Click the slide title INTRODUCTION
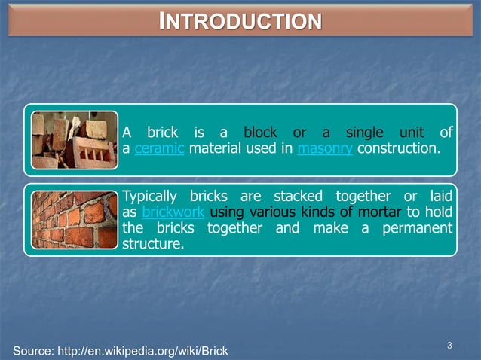240,20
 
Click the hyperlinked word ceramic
160,148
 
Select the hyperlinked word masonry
325,148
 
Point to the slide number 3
449,346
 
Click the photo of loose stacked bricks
74,141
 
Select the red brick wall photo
74,219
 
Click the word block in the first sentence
260,133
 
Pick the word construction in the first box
397,148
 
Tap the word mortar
381,212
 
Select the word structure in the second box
152,243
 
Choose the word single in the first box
364,133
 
